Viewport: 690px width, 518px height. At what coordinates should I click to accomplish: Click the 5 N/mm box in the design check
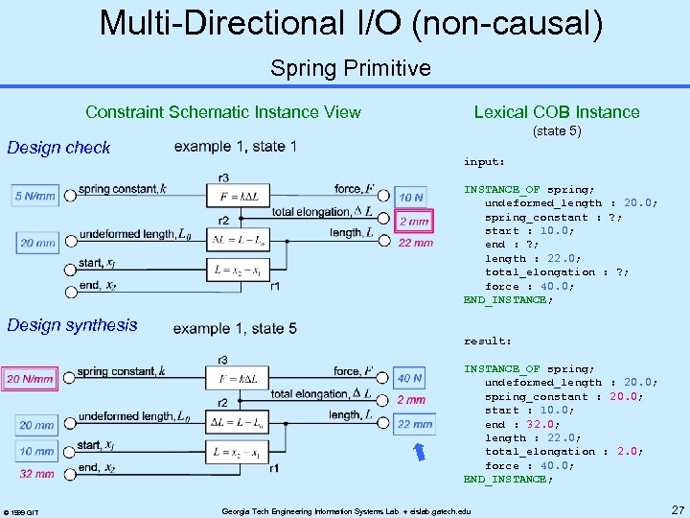(35, 197)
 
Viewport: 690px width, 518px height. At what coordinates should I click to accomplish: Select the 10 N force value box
(412, 197)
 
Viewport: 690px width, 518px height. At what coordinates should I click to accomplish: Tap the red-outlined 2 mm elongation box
(415, 222)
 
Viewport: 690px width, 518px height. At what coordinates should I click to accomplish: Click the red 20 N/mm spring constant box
(31, 379)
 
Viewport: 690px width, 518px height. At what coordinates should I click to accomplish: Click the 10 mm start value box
(36, 451)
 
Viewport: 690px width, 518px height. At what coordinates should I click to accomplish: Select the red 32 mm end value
(36, 474)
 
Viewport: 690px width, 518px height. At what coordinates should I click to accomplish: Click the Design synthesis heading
(72, 325)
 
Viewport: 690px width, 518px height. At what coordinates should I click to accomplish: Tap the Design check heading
(58, 148)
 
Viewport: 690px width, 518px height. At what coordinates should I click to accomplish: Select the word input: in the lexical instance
(484, 162)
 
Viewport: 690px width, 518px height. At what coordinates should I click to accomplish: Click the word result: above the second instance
(488, 341)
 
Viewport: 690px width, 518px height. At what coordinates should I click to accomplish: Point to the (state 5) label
(557, 130)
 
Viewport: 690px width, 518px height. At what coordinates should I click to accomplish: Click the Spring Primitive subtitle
(350, 68)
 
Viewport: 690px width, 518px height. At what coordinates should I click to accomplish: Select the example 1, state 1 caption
(235, 147)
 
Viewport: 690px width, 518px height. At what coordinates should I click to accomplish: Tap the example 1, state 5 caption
(235, 328)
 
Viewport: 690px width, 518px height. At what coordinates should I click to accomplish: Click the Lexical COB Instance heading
(557, 112)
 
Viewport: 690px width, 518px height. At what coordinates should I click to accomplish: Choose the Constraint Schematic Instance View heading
(223, 112)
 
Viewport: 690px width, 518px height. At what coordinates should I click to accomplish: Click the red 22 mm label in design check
(415, 244)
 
